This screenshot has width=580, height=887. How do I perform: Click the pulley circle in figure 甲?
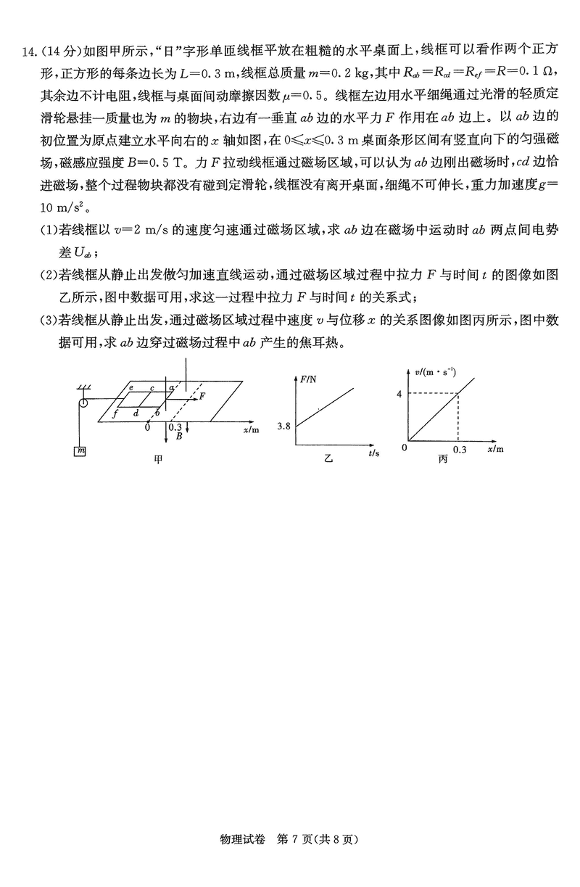[x=83, y=402]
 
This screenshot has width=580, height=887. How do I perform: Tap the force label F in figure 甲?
[x=203, y=396]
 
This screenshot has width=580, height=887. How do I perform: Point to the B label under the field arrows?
[x=178, y=437]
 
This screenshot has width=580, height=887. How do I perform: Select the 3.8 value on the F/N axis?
[x=283, y=426]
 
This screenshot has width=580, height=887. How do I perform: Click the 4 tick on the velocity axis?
[x=398, y=394]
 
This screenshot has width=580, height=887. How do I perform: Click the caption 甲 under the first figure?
[x=158, y=460]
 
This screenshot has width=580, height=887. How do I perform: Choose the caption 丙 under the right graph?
[x=442, y=459]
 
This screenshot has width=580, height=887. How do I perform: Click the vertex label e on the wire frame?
[x=130, y=388]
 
